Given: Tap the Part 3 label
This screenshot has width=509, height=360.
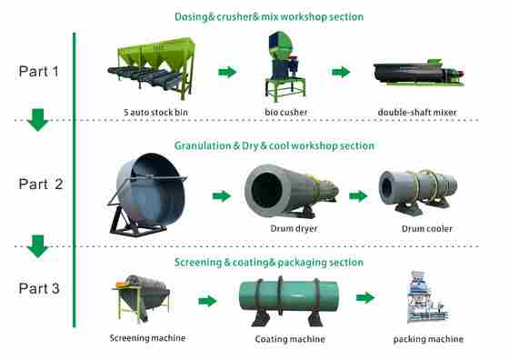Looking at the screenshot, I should (x=39, y=290).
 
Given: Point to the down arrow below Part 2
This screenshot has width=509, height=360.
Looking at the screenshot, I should (x=37, y=245).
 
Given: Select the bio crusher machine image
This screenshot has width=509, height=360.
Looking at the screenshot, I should (x=282, y=62).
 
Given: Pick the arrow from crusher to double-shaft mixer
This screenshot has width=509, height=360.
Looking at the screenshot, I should (x=341, y=72).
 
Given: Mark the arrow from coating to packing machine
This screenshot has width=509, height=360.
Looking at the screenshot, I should (x=365, y=297).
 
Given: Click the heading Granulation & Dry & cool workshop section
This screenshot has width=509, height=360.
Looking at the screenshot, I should (x=274, y=145).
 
